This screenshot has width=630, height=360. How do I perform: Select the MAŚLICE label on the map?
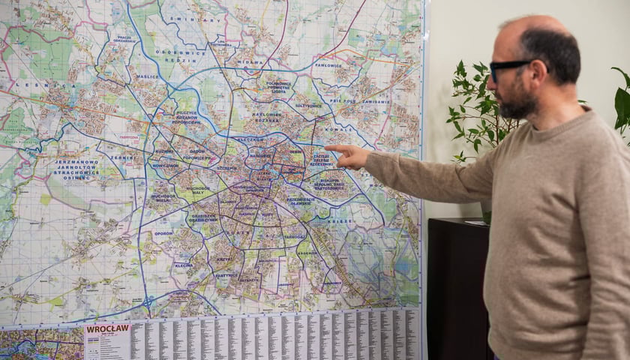(147, 76)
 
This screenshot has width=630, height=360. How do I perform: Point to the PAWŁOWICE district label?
(328, 65)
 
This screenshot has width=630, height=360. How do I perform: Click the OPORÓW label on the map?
(163, 232)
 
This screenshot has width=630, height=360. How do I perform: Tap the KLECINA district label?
(184, 265)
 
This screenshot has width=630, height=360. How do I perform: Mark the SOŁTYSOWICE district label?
(308, 106)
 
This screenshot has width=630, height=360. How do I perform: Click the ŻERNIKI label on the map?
(121, 157)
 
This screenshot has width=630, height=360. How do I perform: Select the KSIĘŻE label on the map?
(340, 221)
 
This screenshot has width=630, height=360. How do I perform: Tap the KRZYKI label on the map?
(224, 259)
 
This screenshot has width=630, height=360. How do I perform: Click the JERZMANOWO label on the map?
(76, 162)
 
